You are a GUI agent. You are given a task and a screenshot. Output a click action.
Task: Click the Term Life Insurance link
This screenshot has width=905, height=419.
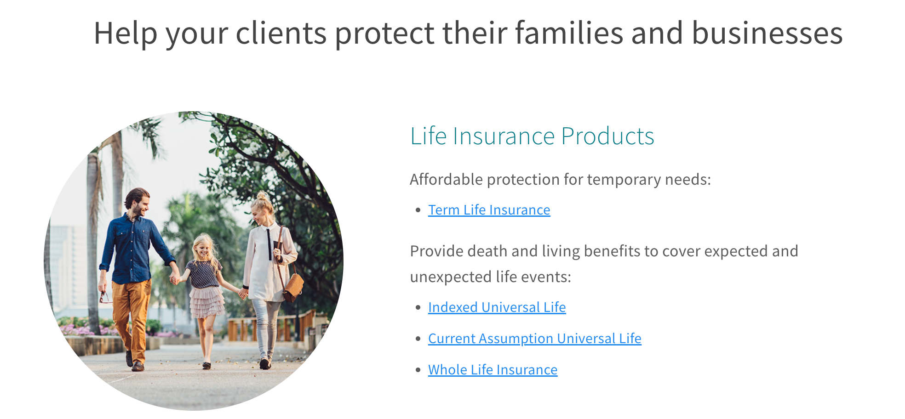[489, 210]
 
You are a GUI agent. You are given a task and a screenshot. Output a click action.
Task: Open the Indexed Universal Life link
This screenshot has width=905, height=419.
[497, 307]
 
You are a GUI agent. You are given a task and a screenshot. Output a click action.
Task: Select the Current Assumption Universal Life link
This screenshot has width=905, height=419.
[534, 339]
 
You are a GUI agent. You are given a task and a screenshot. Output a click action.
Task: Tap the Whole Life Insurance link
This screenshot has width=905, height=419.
[493, 370]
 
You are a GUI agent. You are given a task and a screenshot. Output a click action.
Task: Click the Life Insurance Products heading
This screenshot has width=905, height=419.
[532, 136]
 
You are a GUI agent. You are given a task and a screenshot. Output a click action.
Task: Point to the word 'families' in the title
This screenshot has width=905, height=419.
[569, 33]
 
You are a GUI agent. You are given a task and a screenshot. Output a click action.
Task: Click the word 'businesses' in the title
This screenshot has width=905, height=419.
[767, 33]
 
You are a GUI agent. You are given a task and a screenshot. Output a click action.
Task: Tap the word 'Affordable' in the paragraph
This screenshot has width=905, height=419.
[446, 179]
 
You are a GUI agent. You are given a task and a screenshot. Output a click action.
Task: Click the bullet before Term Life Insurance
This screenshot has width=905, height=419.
[418, 210]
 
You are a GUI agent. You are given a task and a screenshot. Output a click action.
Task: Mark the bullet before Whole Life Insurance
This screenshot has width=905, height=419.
[418, 370]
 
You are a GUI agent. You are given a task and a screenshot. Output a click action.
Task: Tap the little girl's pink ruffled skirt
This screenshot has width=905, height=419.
[207, 302]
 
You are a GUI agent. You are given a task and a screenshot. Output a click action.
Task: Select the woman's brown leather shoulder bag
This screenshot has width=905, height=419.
[292, 287]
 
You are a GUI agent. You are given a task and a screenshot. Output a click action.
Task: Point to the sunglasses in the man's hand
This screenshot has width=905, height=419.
[105, 297]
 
